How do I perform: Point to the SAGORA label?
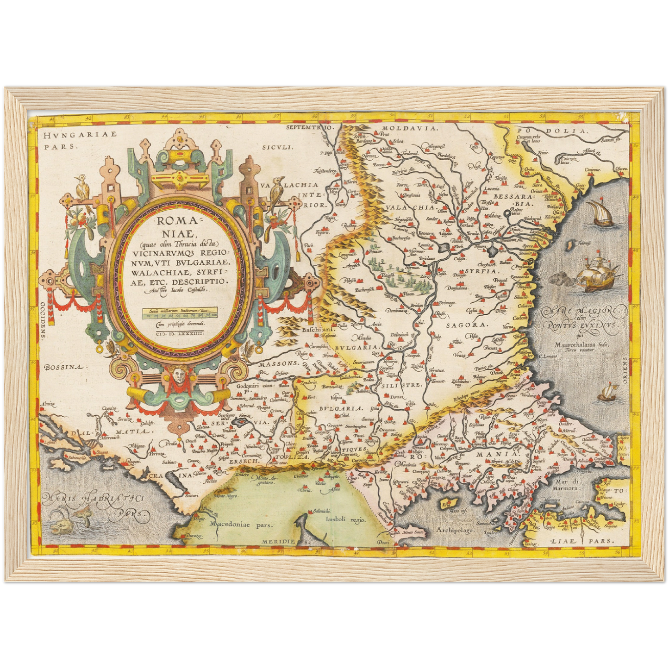467,325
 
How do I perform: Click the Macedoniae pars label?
241,525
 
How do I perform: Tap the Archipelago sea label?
454,530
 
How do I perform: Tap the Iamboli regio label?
345,519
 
